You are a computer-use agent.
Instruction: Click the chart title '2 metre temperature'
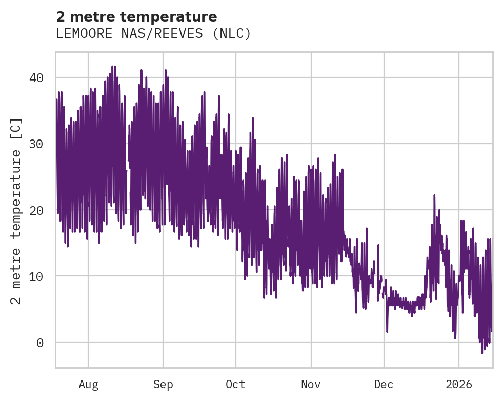click(x=136, y=17)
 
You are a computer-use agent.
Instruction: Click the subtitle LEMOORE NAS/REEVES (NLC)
click(x=153, y=34)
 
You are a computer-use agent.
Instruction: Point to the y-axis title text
click(x=16, y=211)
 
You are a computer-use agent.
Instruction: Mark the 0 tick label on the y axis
click(x=40, y=342)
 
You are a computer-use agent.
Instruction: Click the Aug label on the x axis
click(x=88, y=384)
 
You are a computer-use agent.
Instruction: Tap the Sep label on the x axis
click(x=163, y=384)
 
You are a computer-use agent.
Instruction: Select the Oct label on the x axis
click(x=236, y=384)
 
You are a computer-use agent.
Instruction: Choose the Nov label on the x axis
click(x=311, y=384)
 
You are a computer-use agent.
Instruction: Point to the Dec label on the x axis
click(x=384, y=384)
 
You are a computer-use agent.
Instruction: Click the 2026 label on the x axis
click(x=459, y=384)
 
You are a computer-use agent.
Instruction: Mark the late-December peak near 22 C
click(x=434, y=195)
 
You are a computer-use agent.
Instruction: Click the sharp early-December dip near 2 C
click(x=387, y=331)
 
